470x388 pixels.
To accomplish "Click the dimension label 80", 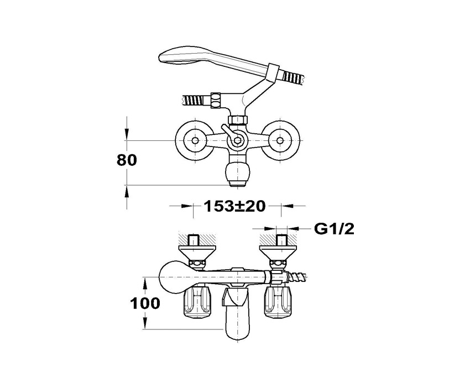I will [x=127, y=160].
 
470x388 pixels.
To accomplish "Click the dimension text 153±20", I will [x=234, y=206].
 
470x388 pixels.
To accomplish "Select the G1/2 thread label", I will [x=334, y=229].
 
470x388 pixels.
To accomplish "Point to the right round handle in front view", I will [x=281, y=141].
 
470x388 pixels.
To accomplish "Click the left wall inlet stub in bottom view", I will [x=194, y=241].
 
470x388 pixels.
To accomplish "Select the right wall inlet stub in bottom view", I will [x=281, y=241].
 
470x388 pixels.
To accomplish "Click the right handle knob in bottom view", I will [x=280, y=303].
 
